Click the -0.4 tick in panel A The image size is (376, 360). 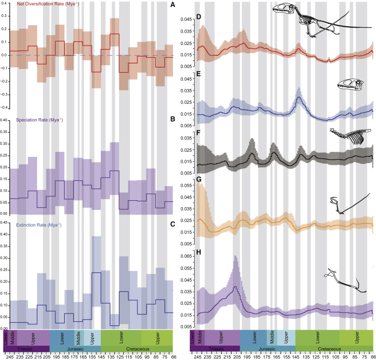point(4,107)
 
